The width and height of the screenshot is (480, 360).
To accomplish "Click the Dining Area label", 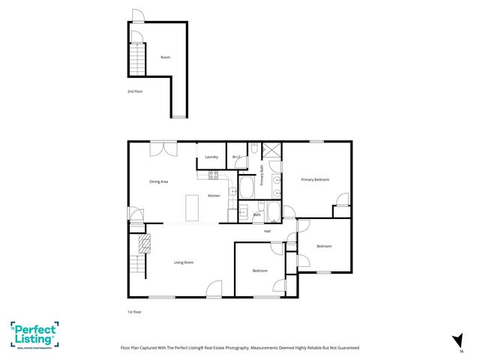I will coord(158,181).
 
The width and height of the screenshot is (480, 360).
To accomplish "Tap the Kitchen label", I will coord(214,196).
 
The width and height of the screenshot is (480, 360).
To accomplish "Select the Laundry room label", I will coord(211,157).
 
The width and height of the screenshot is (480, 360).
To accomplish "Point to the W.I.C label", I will coord(235,157).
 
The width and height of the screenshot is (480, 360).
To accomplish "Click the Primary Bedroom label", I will coord(315,179).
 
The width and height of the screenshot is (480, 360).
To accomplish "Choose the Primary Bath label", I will coord(262,175).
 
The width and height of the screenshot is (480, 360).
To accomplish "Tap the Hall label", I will coord(267,231).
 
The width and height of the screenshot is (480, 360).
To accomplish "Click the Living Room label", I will coord(184,262).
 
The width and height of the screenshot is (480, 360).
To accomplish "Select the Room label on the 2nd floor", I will coord(165,57).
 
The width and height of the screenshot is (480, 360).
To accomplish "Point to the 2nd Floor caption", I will coord(134,91).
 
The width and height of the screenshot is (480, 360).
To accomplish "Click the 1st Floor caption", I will coord(134,311).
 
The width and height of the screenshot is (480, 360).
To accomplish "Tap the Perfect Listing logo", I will coord(34,334).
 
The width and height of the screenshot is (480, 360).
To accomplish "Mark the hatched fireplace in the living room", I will coord(144,242).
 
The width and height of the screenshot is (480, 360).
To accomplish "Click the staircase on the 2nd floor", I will coord(136,58).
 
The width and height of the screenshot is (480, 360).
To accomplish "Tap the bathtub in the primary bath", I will coord(246,187).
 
